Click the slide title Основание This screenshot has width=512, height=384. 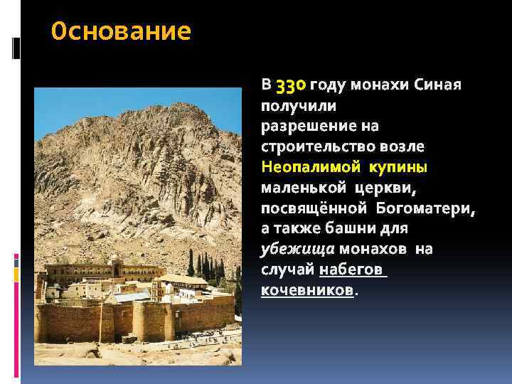[122, 32]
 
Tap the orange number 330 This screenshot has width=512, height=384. [290, 86]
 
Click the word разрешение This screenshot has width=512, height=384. [309, 127]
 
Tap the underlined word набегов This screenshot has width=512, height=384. [352, 271]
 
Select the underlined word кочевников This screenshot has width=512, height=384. [307, 292]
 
